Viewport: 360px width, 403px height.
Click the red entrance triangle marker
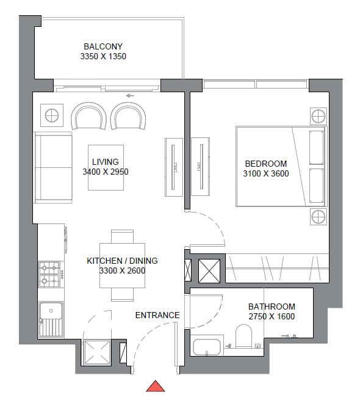156,386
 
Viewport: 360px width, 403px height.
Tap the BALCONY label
103,46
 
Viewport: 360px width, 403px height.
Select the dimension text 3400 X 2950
106,172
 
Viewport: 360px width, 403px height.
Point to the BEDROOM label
266,164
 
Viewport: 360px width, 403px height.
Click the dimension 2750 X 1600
272,316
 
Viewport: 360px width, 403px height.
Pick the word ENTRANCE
157,315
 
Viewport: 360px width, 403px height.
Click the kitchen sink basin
51,319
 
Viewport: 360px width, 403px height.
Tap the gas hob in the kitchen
49,274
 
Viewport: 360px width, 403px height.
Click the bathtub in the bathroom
207,347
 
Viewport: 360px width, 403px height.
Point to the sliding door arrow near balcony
130,96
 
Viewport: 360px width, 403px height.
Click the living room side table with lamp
52,115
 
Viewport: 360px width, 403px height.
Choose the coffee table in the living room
106,167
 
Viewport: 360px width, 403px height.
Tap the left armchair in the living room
89,116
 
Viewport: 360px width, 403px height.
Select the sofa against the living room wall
54,167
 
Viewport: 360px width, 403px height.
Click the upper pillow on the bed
317,148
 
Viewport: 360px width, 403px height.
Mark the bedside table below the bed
319,217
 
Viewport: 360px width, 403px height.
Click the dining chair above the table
122,236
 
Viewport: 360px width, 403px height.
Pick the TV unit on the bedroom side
201,167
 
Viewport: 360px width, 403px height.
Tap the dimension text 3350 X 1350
103,56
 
